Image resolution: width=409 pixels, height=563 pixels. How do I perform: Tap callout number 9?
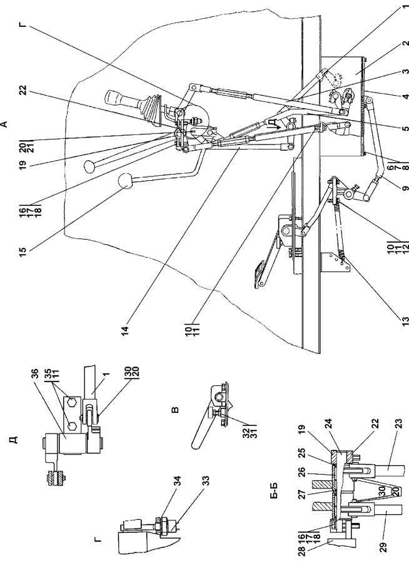405,188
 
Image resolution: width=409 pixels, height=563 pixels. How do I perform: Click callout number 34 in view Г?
178,481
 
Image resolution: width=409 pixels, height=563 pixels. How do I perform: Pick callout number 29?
384,547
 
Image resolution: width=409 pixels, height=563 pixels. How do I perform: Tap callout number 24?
328,424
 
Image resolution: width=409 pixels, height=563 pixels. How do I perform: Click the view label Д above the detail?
13,440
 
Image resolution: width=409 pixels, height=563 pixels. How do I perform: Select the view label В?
175,410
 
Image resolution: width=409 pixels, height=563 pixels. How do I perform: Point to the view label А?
4,124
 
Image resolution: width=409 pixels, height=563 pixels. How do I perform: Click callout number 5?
405,128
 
